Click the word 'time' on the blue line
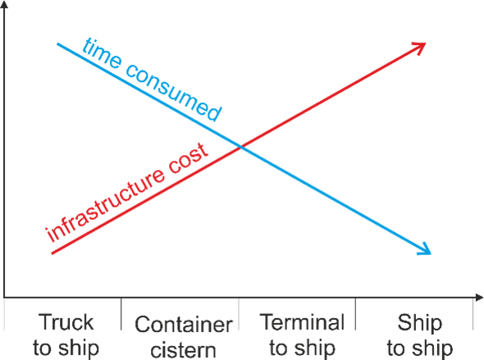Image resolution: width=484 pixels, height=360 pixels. (102, 53)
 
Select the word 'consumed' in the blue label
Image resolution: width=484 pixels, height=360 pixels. (173, 91)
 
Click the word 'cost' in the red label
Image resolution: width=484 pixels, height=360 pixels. (189, 158)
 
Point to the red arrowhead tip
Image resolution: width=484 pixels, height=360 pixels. (426, 43)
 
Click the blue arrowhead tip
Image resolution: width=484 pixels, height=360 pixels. (431, 254)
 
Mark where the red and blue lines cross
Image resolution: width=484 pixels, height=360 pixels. (241, 147)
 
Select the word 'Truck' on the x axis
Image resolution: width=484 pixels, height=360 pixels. (66, 322)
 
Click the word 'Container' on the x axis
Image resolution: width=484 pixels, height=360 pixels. (184, 325)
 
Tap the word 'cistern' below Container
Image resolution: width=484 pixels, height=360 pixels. (184, 350)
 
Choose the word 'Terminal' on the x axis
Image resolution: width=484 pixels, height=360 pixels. (302, 322)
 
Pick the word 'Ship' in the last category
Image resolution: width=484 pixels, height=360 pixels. (420, 322)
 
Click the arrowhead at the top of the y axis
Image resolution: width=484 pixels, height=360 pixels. (4, 4)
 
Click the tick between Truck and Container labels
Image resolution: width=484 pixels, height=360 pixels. (121, 314)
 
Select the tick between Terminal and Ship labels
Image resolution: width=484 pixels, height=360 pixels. (355, 314)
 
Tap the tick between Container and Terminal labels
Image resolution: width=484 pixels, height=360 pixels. (239, 314)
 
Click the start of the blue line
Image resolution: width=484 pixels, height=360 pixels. (57, 44)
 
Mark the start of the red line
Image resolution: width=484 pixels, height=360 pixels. (52, 253)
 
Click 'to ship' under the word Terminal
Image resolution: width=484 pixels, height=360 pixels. (302, 348)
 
